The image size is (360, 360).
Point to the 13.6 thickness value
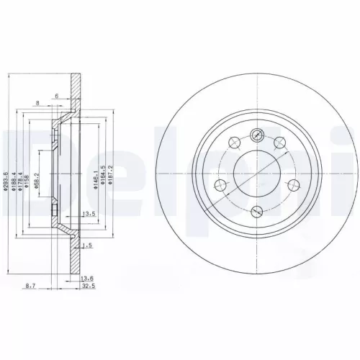tap(87, 278)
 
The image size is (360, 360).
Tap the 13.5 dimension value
tap(91, 214)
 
